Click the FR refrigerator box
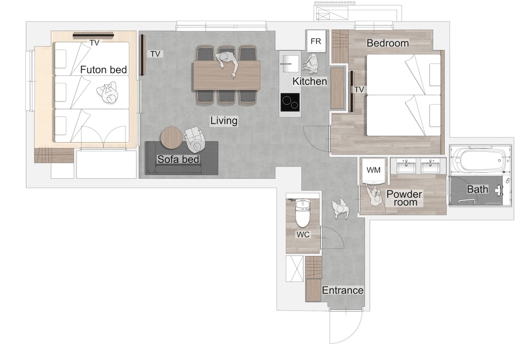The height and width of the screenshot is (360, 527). click(316, 41)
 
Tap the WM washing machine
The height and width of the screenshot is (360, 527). click(374, 170)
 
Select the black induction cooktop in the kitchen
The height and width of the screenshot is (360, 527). click(290, 102)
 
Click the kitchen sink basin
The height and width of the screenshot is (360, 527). click(289, 64)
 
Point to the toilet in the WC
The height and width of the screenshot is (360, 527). click(302, 213)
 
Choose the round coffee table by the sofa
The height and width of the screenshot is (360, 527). click(171, 138)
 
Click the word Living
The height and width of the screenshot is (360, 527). click(224, 121)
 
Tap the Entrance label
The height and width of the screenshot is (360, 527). click(343, 290)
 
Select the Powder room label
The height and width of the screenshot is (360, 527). click(404, 198)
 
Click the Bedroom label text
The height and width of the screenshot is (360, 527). click(387, 43)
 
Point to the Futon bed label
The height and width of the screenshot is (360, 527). click(103, 70)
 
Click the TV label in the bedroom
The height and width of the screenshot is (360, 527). click(359, 90)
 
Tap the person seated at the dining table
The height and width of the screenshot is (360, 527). click(228, 63)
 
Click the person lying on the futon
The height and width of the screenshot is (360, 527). click(108, 93)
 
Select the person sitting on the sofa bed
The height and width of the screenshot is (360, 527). click(194, 140)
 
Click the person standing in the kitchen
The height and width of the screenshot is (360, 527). click(310, 63)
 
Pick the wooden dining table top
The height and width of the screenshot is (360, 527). click(227, 75)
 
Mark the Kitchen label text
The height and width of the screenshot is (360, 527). click(309, 81)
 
